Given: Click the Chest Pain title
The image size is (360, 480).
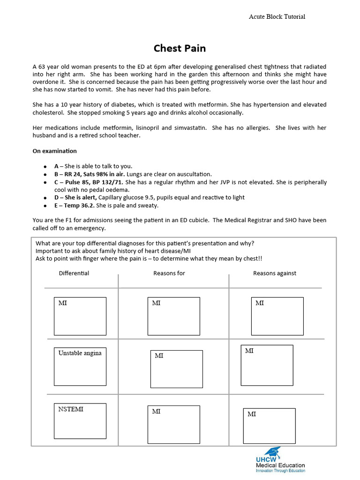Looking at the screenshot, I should (x=180, y=49).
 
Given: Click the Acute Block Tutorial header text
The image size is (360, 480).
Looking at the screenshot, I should (x=277, y=16).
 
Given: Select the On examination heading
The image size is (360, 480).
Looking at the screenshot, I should (x=54, y=151).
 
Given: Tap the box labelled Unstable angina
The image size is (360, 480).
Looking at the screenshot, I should (x=80, y=366).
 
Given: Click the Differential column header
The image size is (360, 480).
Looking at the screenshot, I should (x=74, y=273).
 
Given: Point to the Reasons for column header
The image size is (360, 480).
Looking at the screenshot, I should (x=169, y=273).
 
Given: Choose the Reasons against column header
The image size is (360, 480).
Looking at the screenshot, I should (x=275, y=273).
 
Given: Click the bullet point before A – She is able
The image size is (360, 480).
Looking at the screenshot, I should (x=45, y=167).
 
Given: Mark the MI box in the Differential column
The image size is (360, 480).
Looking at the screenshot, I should (x=80, y=316).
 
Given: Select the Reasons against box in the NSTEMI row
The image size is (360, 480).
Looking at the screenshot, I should (x=269, y=426).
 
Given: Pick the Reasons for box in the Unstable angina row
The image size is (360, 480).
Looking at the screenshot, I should (x=176, y=369).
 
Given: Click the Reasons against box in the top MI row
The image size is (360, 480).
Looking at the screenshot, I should (x=277, y=316).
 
